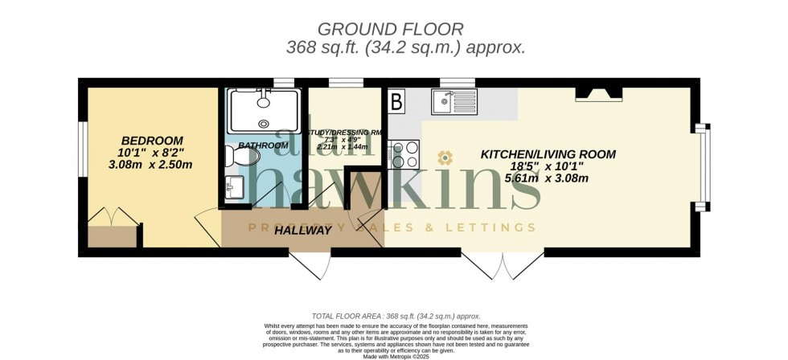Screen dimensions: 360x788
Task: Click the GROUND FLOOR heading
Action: click(x=405, y=29)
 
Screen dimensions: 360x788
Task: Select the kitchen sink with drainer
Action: click(x=454, y=101)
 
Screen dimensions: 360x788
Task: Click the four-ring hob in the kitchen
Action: click(x=404, y=153)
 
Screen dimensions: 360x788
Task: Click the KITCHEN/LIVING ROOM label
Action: click(x=548, y=154)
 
